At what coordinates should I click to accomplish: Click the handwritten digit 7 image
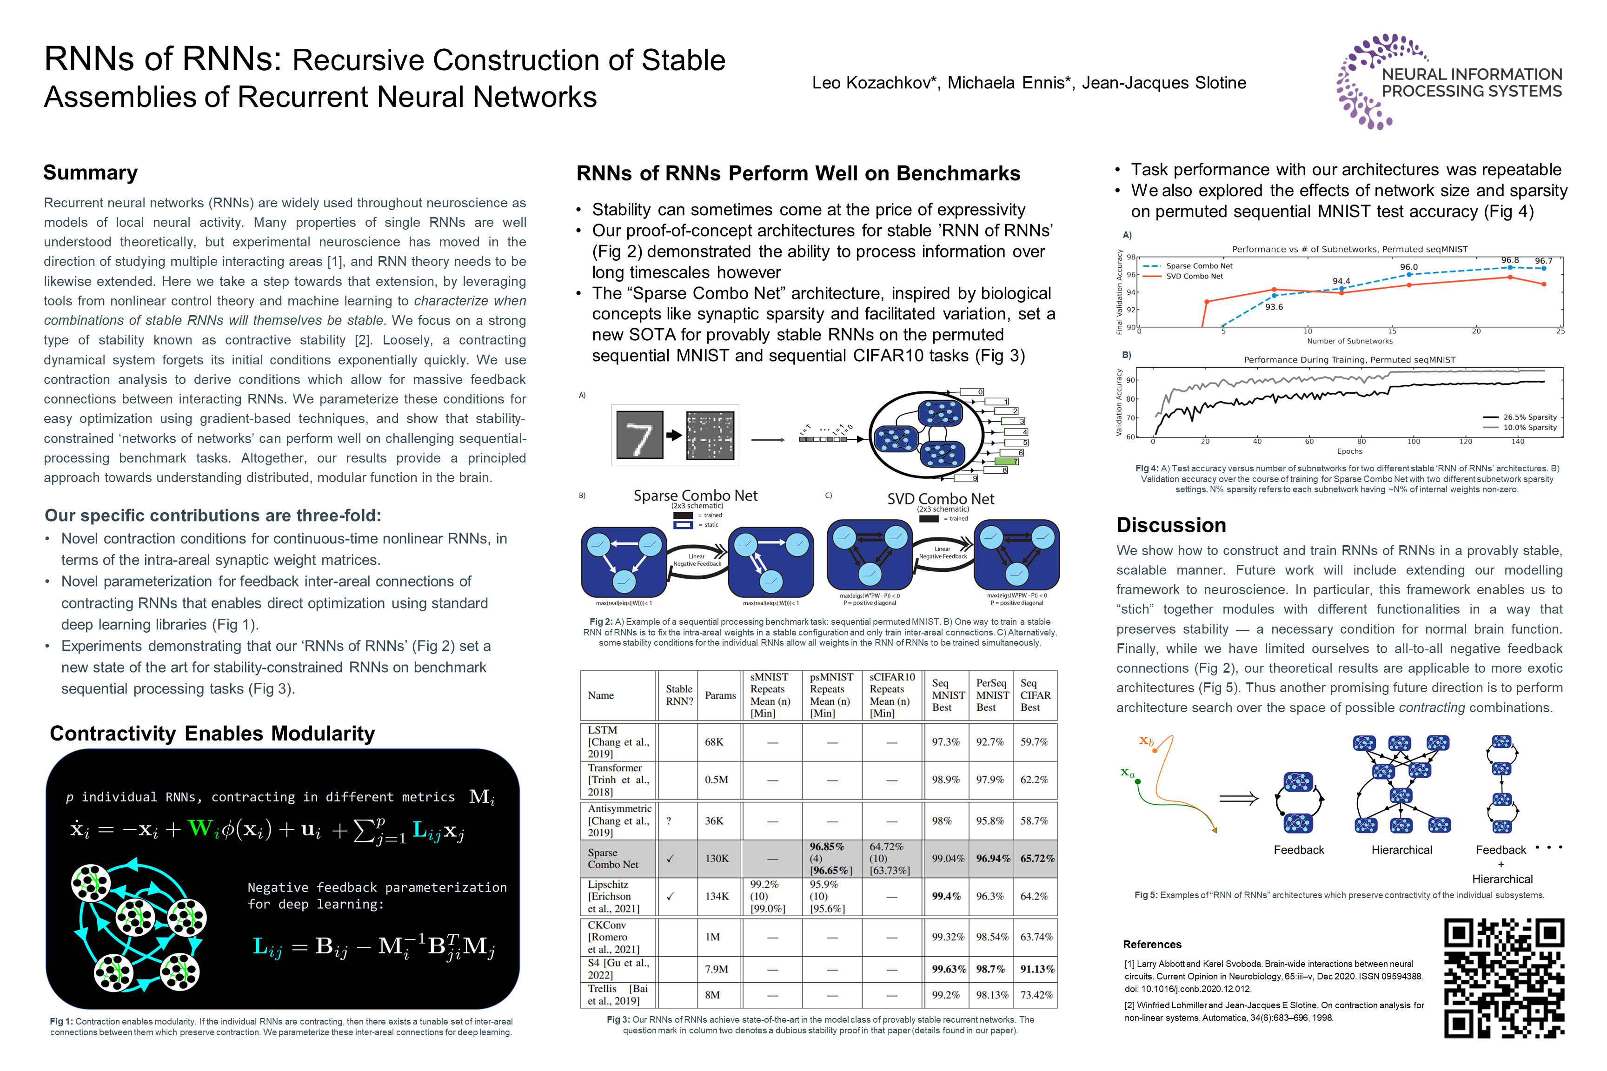639,435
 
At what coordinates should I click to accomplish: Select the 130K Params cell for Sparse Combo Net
717,859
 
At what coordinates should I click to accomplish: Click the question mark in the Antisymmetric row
669,820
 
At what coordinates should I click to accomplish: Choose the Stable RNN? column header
679,695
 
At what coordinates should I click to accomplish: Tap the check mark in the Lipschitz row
670,896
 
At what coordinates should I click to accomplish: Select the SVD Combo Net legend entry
1194,277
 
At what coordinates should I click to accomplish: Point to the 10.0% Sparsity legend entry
1529,428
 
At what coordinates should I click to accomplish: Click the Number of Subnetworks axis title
1349,341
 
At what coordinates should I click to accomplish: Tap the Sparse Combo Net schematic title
696,496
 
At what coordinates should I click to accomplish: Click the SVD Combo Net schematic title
940,499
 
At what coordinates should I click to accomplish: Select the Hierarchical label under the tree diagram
1401,850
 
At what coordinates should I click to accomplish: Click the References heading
1152,945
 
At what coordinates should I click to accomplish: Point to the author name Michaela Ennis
1006,83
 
